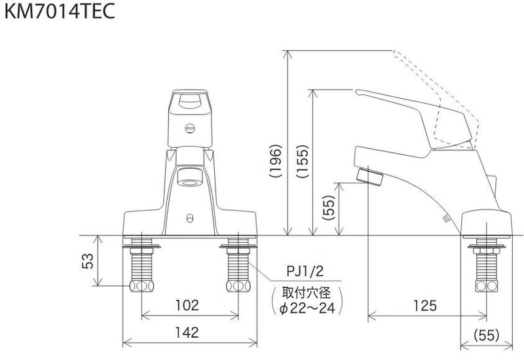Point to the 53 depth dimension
[x=86, y=261]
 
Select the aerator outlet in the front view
[x=189, y=176]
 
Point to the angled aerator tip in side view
[x=369, y=176]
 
